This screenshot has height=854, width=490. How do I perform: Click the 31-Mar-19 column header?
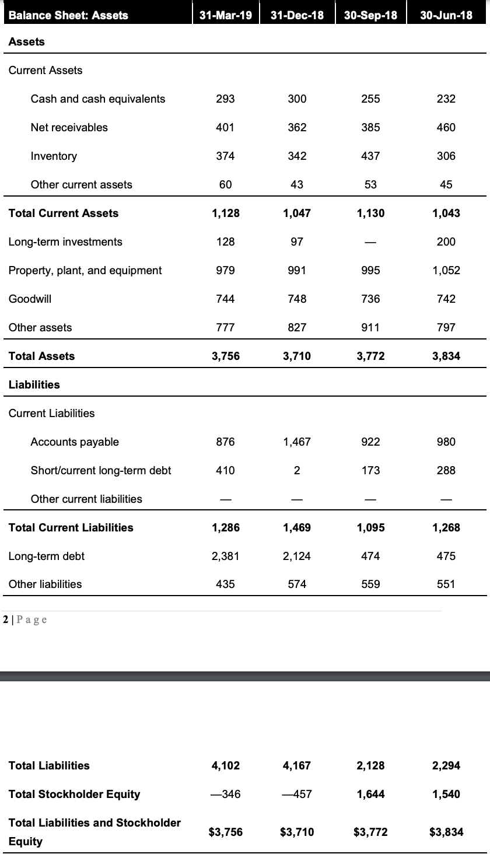[226, 15]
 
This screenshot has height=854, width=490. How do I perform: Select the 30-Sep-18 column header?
[371, 15]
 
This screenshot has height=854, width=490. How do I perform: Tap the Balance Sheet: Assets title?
[69, 15]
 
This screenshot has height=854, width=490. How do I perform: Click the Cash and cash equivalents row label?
[98, 99]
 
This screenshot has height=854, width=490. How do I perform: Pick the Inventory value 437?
[371, 156]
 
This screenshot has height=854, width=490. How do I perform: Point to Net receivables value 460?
[446, 127]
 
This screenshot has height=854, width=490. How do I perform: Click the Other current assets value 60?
[226, 184]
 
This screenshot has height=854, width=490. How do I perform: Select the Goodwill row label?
[30, 299]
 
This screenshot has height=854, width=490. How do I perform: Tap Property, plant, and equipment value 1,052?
[446, 270]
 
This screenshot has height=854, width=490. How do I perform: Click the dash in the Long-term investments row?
[371, 242]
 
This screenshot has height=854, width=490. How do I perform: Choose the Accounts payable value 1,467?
[297, 442]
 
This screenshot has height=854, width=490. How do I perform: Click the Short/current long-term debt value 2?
[297, 470]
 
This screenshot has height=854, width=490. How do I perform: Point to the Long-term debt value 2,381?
[226, 556]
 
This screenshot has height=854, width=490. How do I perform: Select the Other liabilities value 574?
[297, 584]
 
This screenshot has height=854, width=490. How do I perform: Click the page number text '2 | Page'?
[25, 619]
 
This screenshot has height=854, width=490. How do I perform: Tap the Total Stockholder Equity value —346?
[226, 794]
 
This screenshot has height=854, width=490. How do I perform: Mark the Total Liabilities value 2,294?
[446, 765]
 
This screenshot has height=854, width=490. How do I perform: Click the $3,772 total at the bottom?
[371, 832]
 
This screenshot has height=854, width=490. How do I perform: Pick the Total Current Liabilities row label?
[71, 527]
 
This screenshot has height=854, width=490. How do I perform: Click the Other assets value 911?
[371, 327]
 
